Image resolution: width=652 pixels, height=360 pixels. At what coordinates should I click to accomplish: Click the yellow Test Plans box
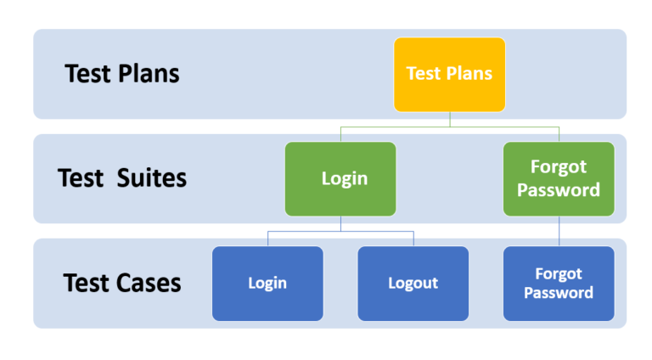point(449,75)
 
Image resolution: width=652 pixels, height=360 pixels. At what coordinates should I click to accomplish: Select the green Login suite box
point(340,179)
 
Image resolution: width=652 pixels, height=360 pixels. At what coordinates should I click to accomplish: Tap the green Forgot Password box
point(559,179)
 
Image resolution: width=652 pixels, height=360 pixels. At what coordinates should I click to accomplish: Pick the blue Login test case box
point(267,284)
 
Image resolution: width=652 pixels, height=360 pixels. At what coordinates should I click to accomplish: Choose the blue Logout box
point(413,284)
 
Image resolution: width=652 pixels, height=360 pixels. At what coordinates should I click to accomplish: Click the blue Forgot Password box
point(559,284)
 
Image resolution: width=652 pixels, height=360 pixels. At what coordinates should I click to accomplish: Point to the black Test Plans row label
point(122,74)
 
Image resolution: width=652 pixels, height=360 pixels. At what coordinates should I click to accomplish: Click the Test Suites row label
point(122,178)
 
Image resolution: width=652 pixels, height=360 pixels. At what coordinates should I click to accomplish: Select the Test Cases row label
point(122,283)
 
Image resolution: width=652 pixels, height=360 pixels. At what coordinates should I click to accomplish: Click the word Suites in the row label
point(152,178)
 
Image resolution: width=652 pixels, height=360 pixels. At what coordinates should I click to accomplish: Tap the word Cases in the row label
point(149,283)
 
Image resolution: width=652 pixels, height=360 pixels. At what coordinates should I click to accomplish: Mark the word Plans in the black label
point(149,74)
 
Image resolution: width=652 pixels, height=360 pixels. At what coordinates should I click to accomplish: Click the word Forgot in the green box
point(559,167)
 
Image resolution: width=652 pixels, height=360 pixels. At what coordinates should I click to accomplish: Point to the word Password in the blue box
point(559,293)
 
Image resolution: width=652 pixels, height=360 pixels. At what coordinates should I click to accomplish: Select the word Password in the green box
point(559,190)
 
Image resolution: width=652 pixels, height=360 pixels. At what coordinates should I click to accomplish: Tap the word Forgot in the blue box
point(559,274)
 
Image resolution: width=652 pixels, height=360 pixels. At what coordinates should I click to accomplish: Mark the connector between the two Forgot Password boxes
point(559,231)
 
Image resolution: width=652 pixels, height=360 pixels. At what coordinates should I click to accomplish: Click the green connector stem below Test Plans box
point(450,120)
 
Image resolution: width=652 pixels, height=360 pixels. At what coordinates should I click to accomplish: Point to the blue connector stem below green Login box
point(341,223)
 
